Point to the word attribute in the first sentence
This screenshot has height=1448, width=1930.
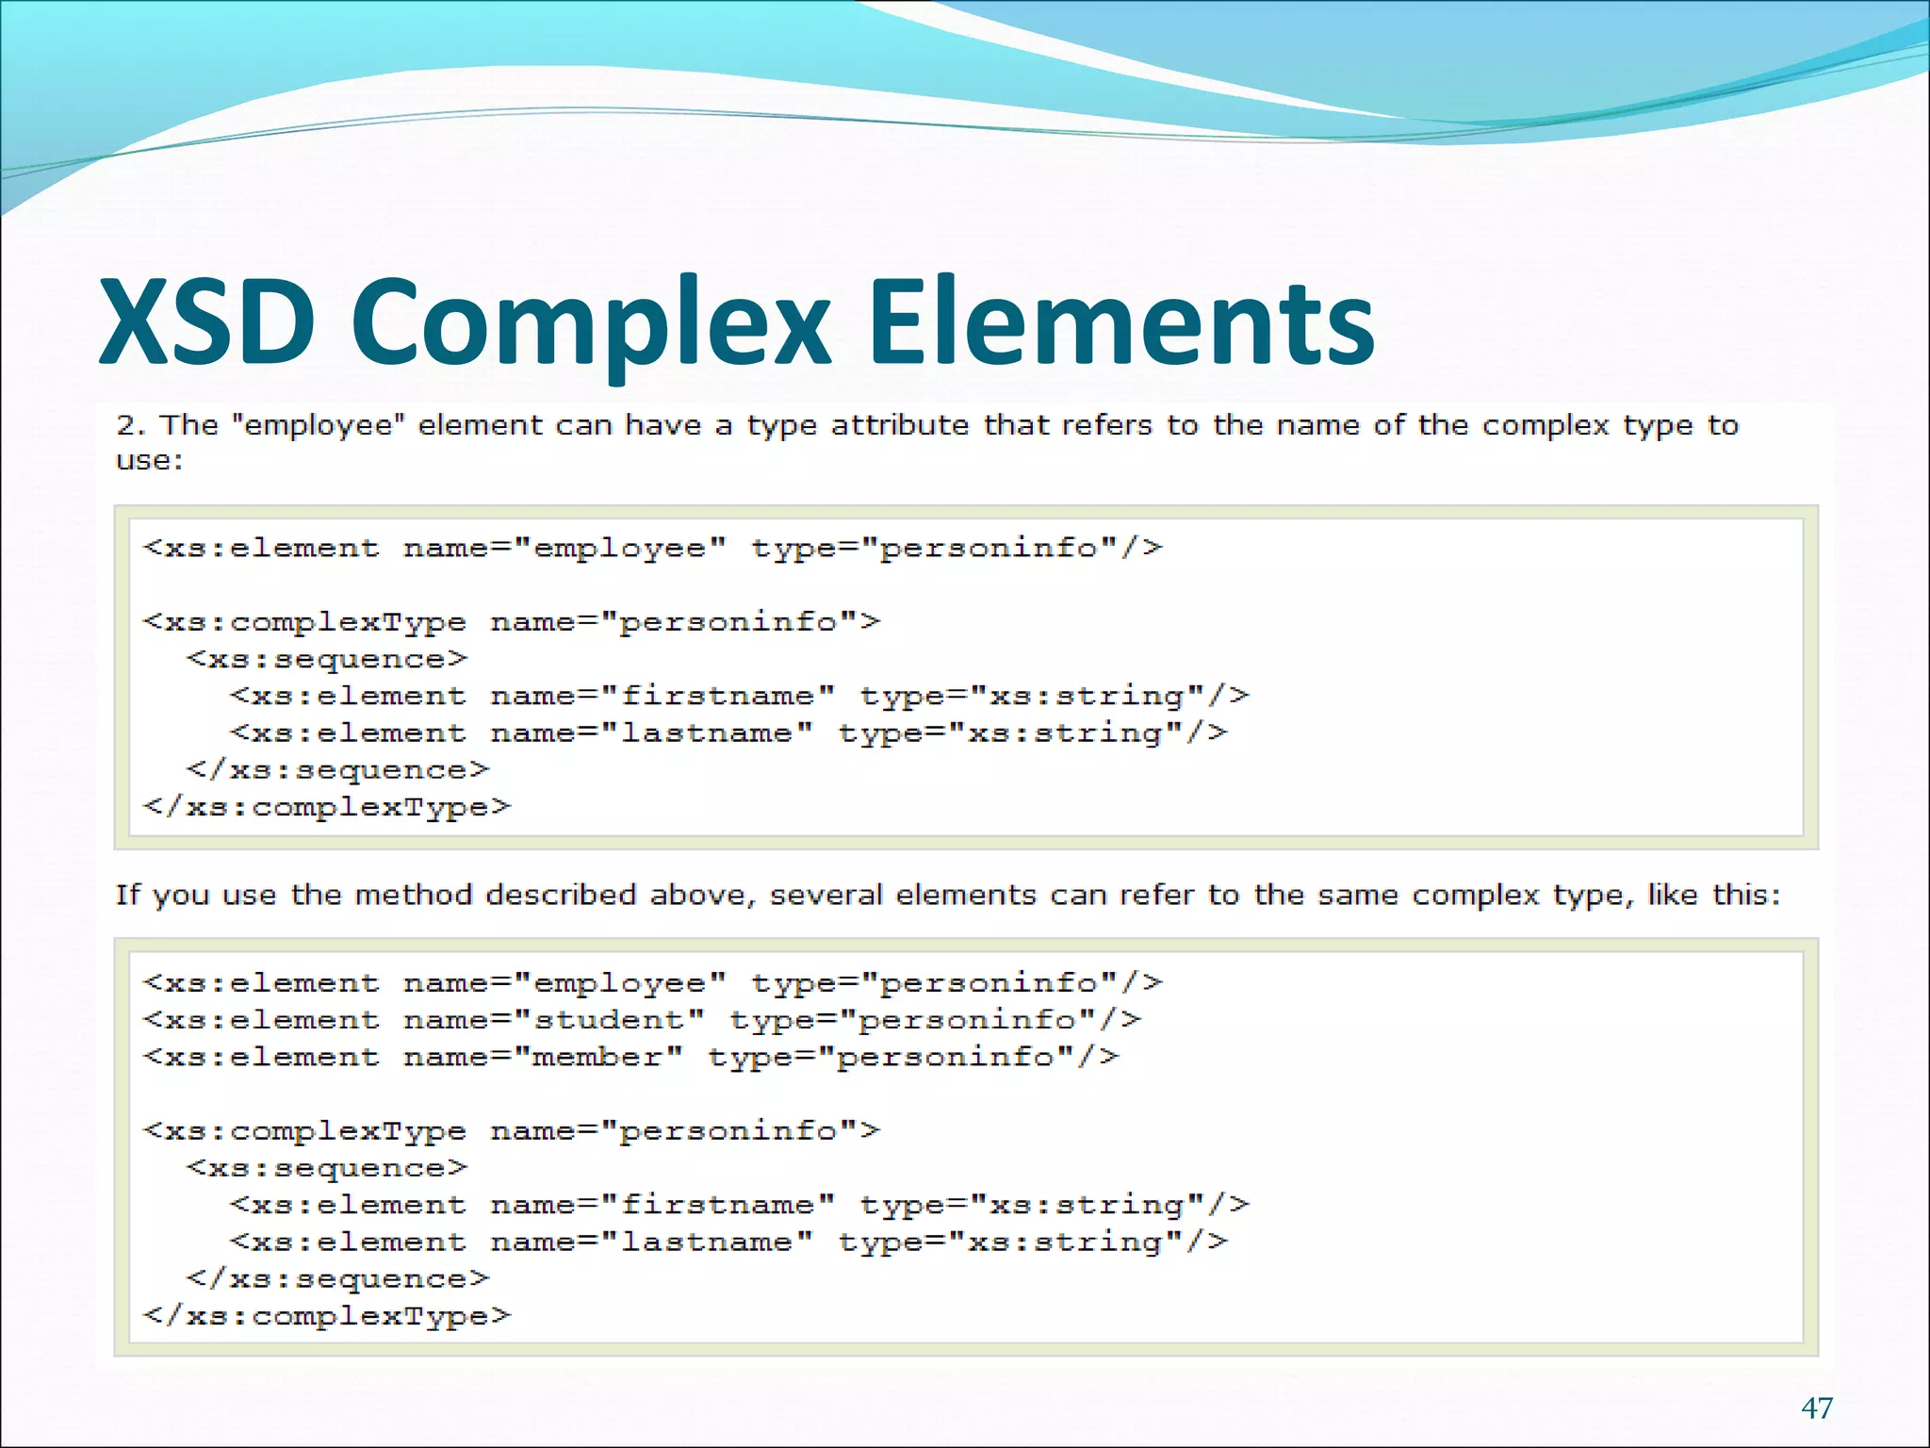pos(899,425)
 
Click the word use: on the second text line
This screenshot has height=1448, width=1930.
pos(149,461)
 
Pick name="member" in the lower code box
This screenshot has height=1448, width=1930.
pos(543,1057)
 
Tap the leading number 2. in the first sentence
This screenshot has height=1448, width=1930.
pos(130,425)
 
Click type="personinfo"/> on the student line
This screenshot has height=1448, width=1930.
pos(936,1020)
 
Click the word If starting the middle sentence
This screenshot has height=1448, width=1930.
pos(127,895)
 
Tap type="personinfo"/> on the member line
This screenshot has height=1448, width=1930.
pos(913,1057)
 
